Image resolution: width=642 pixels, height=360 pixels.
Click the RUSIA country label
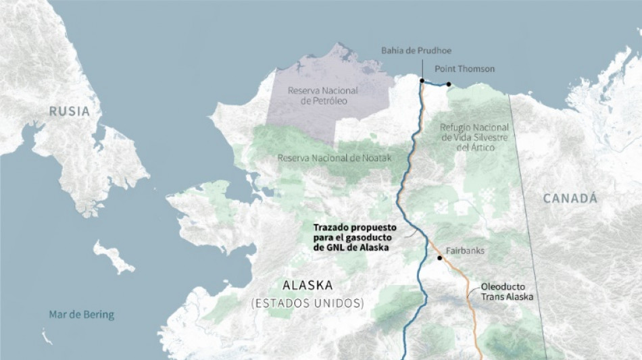[x=69, y=111]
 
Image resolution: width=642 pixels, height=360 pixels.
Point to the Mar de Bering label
[x=81, y=314]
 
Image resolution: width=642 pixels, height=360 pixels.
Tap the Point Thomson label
[x=464, y=69]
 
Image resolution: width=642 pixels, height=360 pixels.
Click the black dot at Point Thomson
[x=448, y=84]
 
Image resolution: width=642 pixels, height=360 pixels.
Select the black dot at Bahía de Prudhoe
[x=422, y=81]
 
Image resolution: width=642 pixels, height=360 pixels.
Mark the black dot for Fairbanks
[x=440, y=258]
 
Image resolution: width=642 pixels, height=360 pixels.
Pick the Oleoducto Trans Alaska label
[x=507, y=291]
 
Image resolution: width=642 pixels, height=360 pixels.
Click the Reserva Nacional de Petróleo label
[x=323, y=95]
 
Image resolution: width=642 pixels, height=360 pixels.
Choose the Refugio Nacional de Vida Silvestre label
[x=474, y=137]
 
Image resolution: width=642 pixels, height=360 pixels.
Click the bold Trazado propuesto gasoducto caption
[x=354, y=238]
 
